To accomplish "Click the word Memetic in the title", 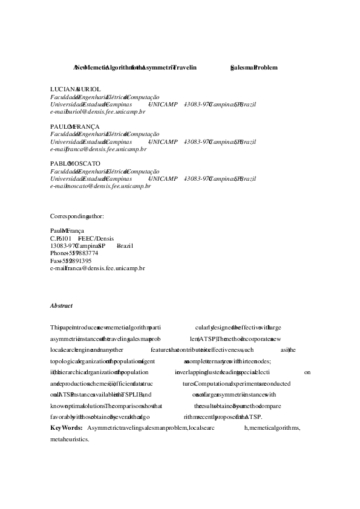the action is (x=93, y=68).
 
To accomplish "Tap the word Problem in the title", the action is (x=266, y=68).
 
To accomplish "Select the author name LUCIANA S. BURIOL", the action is (x=70, y=89).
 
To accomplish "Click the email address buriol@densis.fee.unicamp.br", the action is (x=97, y=112).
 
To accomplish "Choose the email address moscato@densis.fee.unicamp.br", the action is (x=100, y=186).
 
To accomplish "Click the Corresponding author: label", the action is (x=77, y=216).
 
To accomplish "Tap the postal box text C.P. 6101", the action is (x=61, y=238).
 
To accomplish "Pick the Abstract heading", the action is (x=61, y=305).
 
